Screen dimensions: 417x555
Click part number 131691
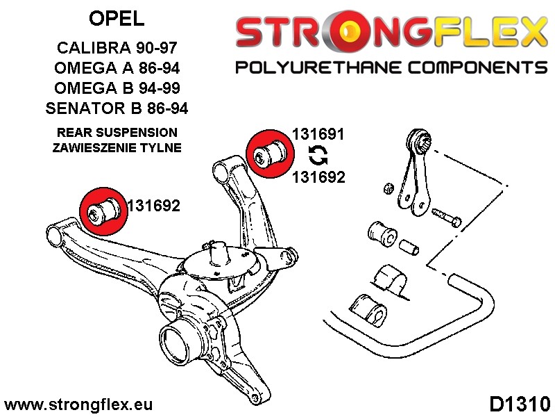(318, 134)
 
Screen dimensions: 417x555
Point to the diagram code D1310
(520, 404)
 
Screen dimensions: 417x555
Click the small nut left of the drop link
(389, 188)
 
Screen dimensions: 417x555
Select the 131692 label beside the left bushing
(154, 206)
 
